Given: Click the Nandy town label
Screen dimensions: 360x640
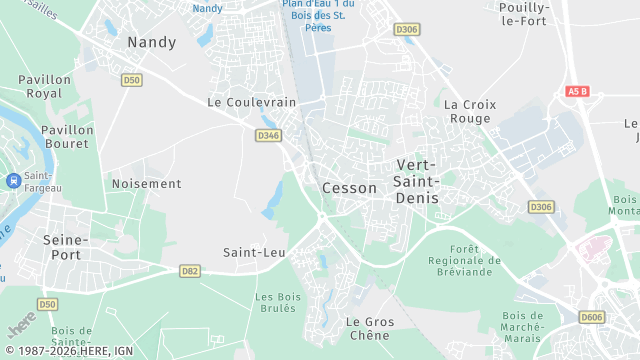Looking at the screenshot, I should (152, 42).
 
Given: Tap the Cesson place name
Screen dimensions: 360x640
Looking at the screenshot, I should (350, 188).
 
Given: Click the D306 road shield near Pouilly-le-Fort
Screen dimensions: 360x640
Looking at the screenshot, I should (407, 30).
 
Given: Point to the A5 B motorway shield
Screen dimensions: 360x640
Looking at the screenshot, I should (577, 91).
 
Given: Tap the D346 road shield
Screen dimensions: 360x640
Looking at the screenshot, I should (268, 135).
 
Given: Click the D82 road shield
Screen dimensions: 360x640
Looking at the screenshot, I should (190, 270).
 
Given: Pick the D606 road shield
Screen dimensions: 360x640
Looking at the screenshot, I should (592, 317).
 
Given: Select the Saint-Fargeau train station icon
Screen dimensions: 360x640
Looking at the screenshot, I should (13, 181).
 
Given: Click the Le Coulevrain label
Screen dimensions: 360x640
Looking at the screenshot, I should (252, 102).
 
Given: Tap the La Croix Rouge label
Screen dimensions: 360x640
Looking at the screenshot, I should (468, 111).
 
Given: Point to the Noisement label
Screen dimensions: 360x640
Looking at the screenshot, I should (147, 184).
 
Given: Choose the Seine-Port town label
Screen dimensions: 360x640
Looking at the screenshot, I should (67, 248).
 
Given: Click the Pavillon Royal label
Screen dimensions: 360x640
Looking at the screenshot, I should (45, 86).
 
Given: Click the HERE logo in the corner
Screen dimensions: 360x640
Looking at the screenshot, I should (21, 327).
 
